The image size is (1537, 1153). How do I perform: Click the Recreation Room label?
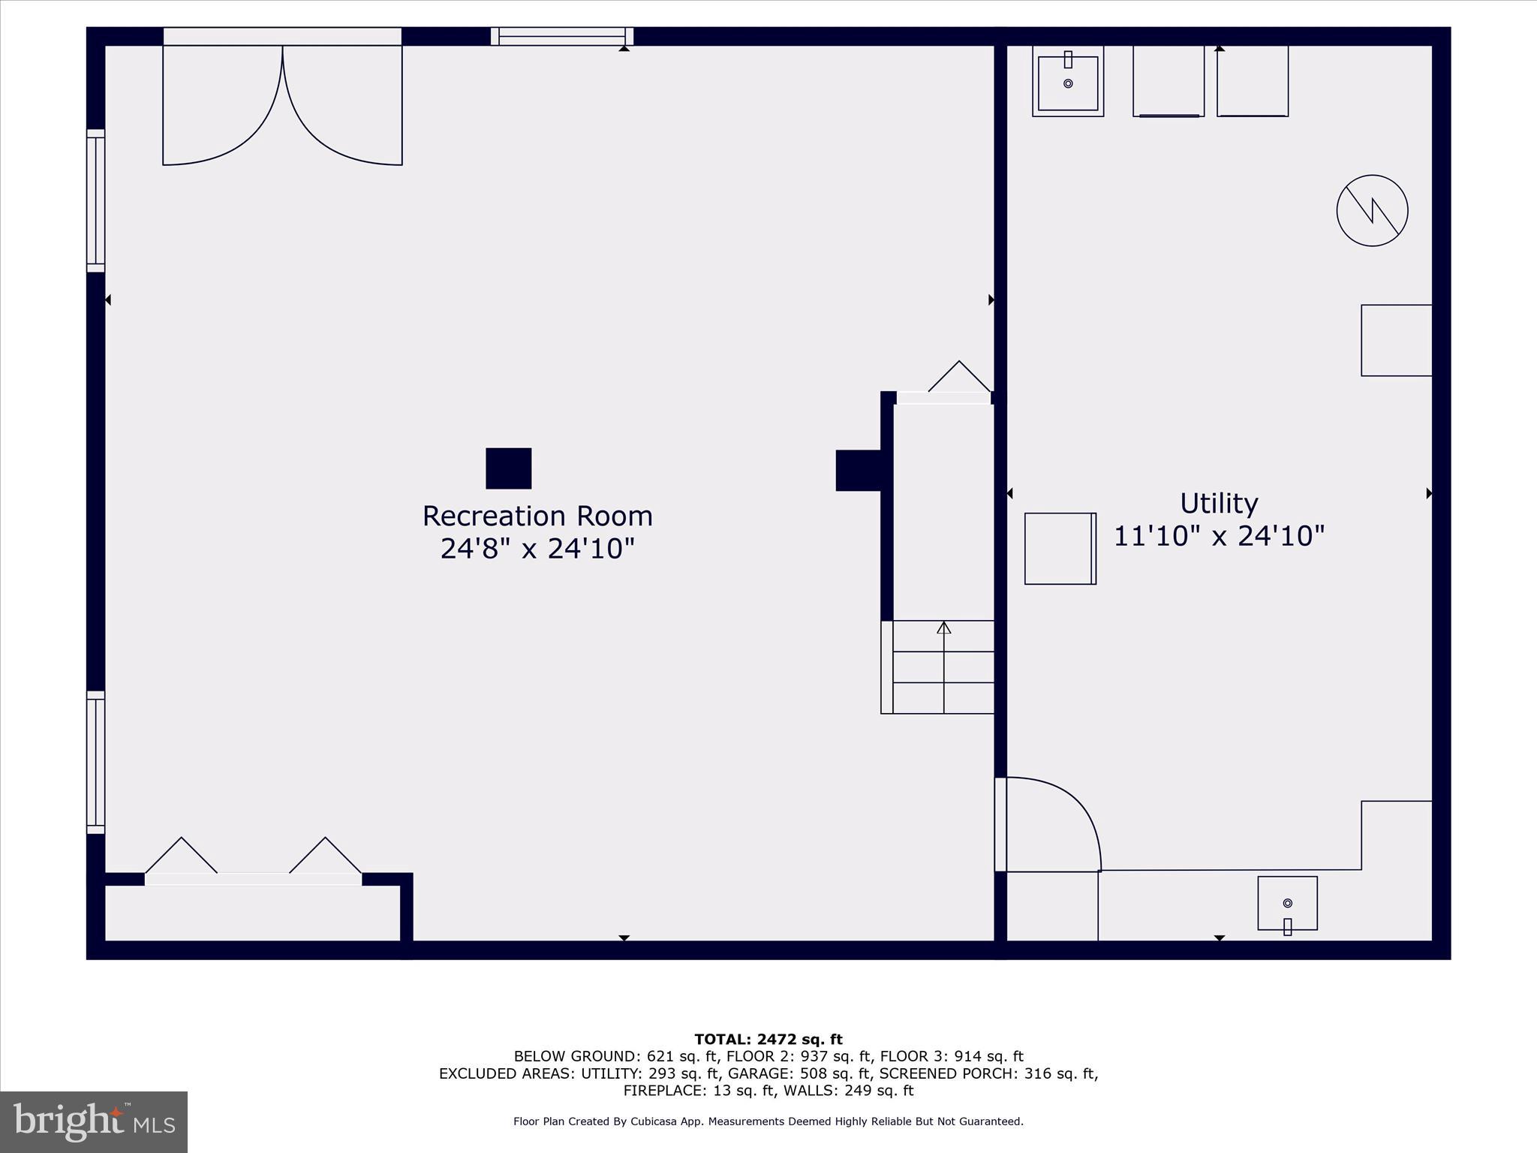(537, 516)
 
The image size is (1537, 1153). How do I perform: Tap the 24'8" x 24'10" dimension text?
(537, 549)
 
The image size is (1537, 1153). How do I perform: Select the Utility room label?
(1219, 503)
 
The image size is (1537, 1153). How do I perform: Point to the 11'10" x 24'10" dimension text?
(1219, 536)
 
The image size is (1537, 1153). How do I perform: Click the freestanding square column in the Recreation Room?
(509, 468)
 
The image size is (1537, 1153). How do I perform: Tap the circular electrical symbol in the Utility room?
(1372, 210)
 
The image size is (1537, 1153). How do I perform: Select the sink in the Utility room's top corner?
(1068, 81)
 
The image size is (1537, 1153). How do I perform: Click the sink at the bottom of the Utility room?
(1287, 904)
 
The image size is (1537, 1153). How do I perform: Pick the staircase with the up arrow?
(943, 667)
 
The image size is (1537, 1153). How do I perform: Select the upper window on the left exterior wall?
(95, 200)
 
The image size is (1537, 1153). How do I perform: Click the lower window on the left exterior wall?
(95, 762)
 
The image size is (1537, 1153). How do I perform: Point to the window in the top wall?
(562, 36)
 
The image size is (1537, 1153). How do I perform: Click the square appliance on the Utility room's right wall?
(1396, 340)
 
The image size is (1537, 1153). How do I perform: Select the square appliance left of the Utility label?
(1060, 549)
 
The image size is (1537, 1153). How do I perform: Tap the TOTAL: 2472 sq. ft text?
(768, 1040)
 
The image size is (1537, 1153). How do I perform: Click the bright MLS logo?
(93, 1122)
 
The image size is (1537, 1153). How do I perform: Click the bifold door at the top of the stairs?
(944, 390)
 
